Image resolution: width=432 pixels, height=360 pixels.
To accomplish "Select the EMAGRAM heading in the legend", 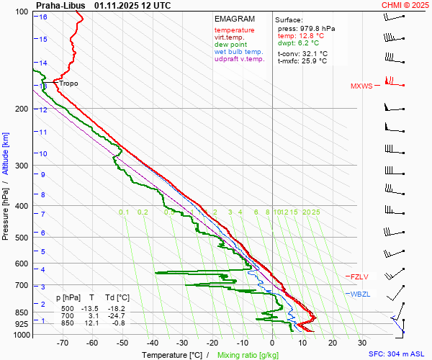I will click(x=235, y=19).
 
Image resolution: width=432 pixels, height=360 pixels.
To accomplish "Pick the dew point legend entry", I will click(x=230, y=45).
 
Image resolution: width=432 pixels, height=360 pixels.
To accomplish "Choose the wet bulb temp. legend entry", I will click(x=238, y=52).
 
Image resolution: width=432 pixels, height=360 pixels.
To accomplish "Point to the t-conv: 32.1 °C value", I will click(x=302, y=53).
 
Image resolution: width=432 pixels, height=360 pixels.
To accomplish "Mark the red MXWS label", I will click(x=361, y=86).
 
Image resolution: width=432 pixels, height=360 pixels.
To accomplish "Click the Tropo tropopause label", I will click(x=68, y=84).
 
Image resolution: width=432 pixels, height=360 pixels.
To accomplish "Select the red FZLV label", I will click(x=359, y=276).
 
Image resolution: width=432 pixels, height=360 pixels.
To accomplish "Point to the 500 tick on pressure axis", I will click(x=21, y=238).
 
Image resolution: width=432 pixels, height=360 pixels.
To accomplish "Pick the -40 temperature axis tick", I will click(x=152, y=343).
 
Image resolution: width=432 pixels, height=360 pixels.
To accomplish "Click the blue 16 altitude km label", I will click(x=43, y=17).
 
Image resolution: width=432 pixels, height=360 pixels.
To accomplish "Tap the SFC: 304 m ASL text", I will click(x=397, y=354).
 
